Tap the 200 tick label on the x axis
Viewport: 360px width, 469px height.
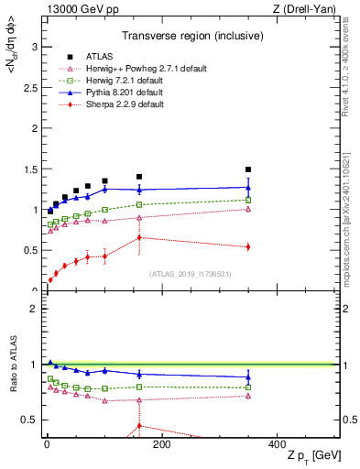pyautogui.click(x=162, y=444)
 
